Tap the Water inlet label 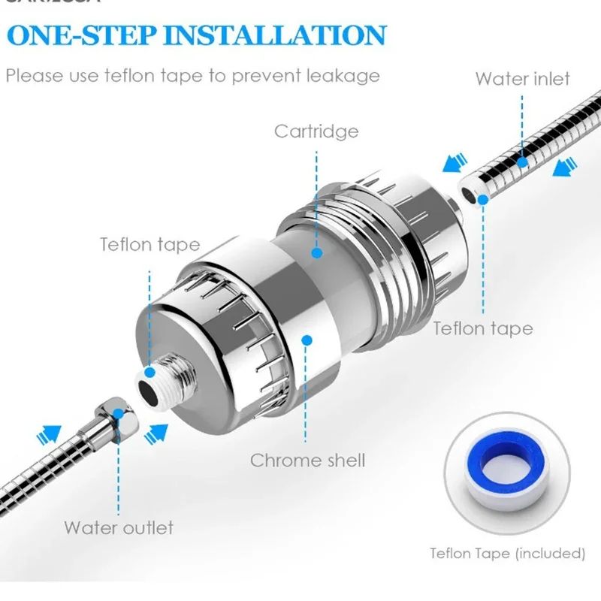coord(523,79)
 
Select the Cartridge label coord(316,132)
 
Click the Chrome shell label coord(307,460)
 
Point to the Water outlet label coord(119,527)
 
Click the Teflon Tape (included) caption coord(507,554)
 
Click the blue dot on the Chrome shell coord(307,340)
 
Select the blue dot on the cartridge coord(317,254)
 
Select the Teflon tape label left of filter coord(150,245)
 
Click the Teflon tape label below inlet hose coord(483,328)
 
